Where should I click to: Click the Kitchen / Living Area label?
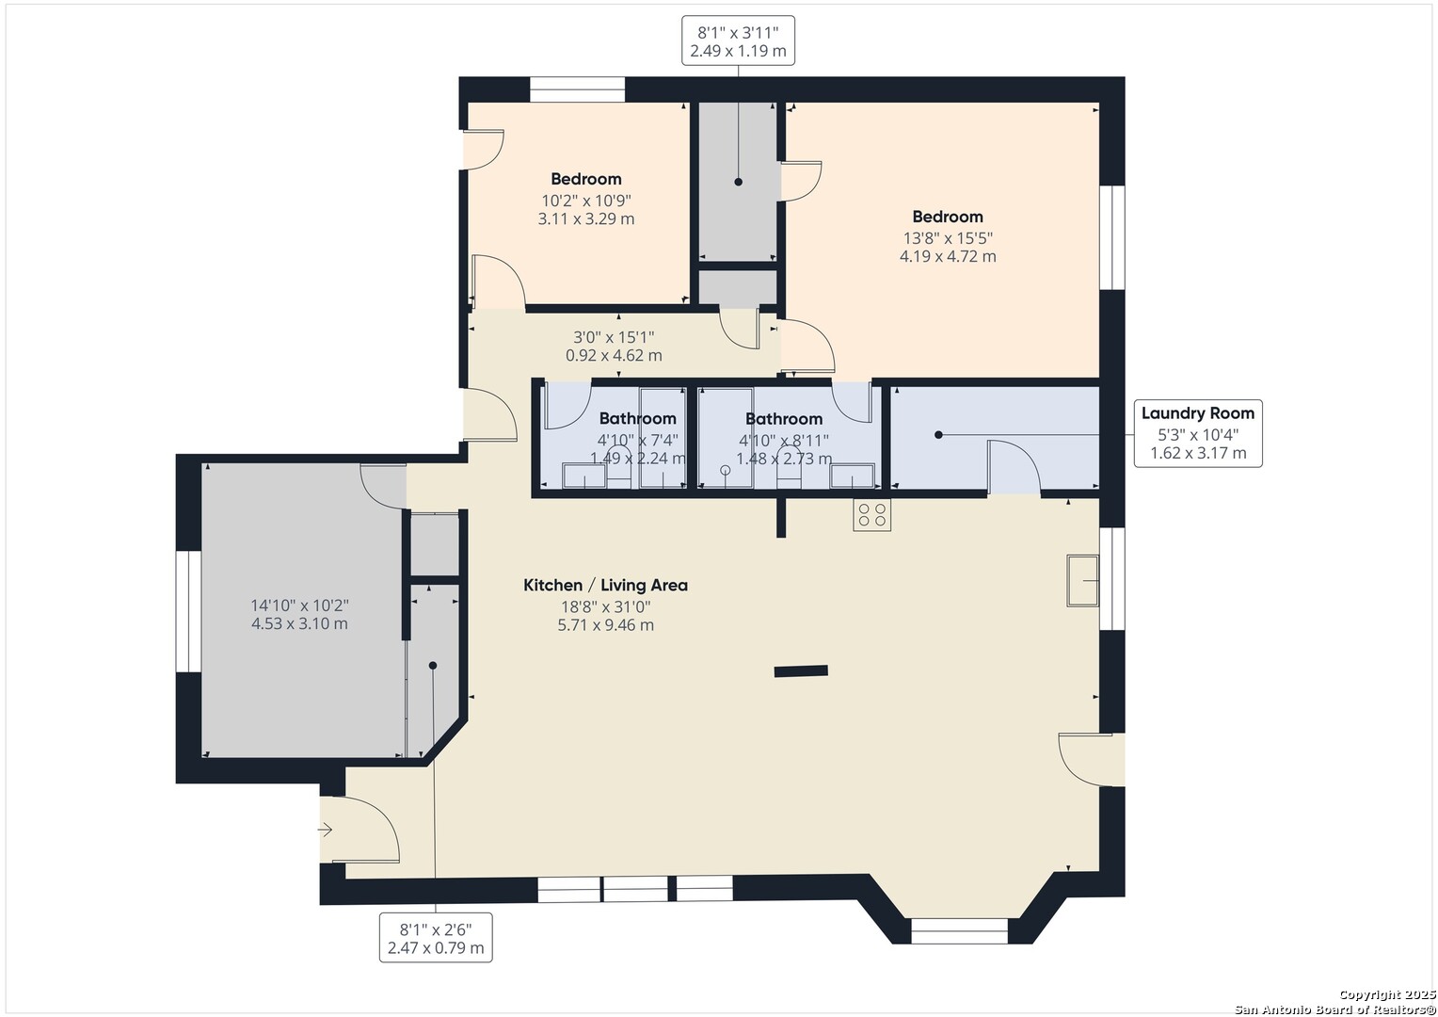point(605,586)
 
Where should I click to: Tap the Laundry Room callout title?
point(1197,413)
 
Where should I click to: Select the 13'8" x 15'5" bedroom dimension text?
point(948,237)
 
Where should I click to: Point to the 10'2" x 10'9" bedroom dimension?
point(586,201)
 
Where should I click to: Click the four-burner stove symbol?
point(871,514)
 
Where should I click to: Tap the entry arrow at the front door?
point(325,830)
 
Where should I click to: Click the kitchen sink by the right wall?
point(1083,581)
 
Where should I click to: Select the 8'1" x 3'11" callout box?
point(738,40)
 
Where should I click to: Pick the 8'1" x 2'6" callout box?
point(436,937)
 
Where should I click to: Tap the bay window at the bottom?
point(960,931)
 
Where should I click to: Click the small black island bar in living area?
point(801,671)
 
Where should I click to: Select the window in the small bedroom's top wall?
point(577,89)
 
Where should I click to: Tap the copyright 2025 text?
point(1386,994)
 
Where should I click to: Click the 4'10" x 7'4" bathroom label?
point(637,441)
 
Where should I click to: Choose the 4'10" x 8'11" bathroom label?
point(784,441)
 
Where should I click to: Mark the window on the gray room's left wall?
point(189,611)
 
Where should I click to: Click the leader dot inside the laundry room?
point(938,435)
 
